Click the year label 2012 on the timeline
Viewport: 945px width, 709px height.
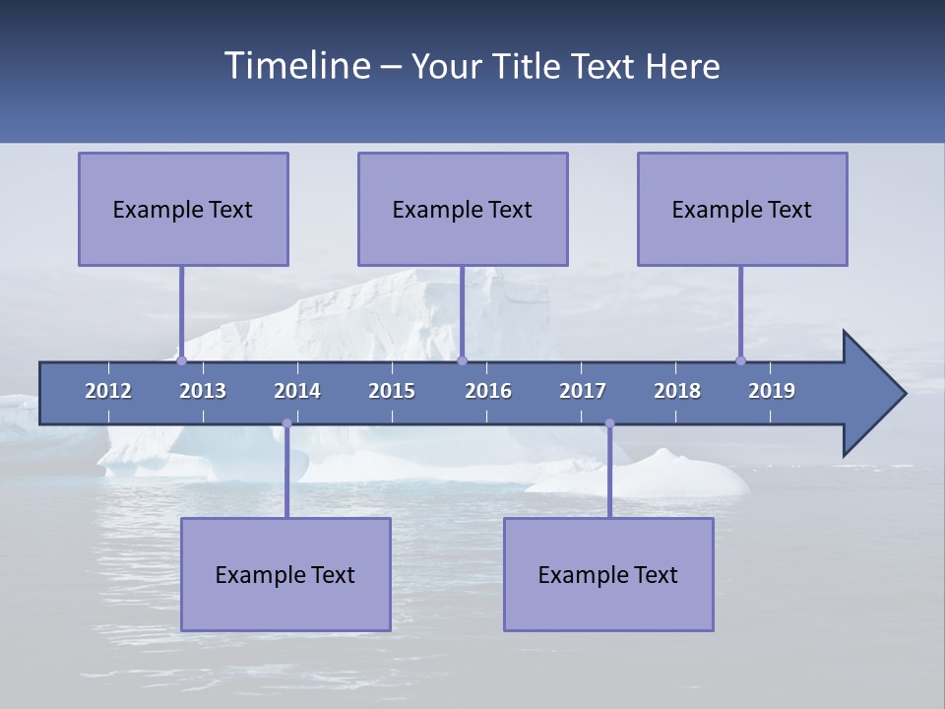[x=108, y=391]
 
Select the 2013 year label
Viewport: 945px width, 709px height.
[x=203, y=391]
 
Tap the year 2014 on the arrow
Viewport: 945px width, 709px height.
[x=297, y=391]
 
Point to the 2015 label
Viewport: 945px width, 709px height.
[x=392, y=391]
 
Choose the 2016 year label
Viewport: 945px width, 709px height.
[x=488, y=391]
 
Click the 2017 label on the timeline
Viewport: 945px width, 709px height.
[x=583, y=391]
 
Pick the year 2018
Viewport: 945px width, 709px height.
[x=677, y=391]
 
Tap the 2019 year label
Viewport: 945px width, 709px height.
[x=772, y=391]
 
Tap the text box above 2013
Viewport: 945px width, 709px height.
[x=183, y=209]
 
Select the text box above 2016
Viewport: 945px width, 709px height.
[x=463, y=209]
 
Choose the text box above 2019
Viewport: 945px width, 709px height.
[x=742, y=209]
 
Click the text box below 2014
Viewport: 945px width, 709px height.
[x=285, y=574]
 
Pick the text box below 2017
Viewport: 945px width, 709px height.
[x=608, y=574]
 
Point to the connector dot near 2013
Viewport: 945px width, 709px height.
[x=181, y=360]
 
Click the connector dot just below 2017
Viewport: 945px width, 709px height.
[x=609, y=423]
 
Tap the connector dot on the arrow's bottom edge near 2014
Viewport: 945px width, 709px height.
[x=286, y=423]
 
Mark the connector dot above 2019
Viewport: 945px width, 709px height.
[x=740, y=360]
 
